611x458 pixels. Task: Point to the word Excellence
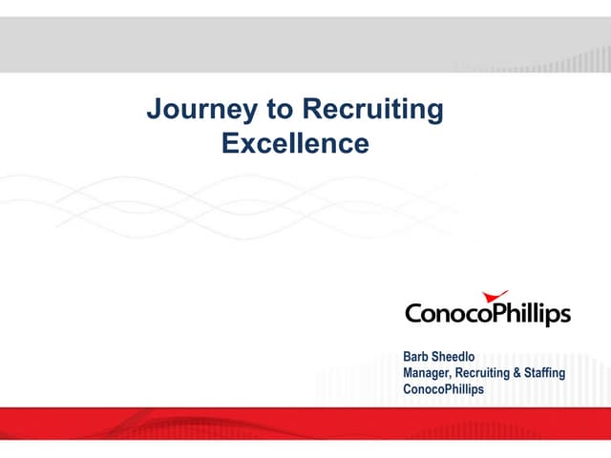point(294,144)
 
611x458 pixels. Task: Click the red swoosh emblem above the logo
point(495,297)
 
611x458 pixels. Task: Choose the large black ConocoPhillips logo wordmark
point(487,314)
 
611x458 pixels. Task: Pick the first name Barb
point(418,357)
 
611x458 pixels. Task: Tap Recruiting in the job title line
point(484,373)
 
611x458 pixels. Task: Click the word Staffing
point(545,373)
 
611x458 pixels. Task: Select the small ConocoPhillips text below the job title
point(444,389)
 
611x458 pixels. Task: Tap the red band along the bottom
point(305,423)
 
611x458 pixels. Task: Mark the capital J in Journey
point(154,111)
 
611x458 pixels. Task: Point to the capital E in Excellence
point(229,144)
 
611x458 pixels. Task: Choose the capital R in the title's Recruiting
point(309,111)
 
